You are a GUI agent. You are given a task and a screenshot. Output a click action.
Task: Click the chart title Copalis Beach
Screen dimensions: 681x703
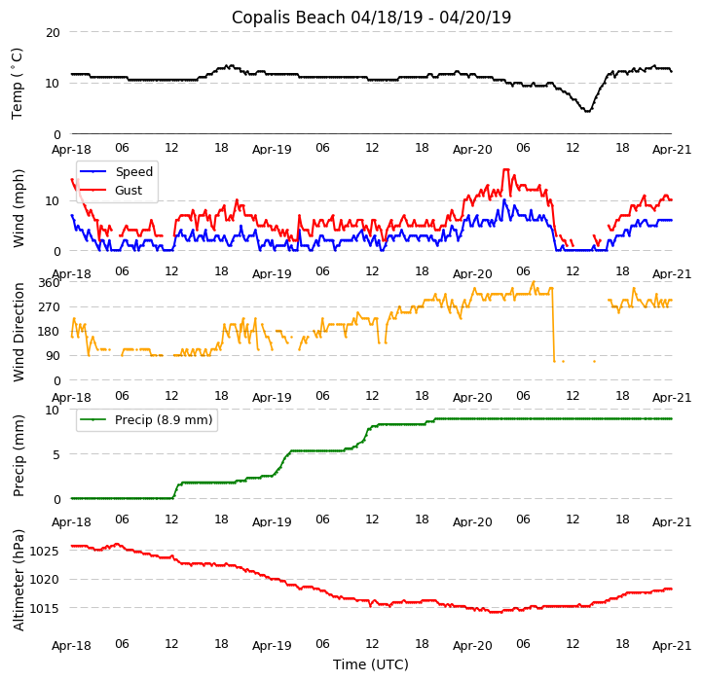pos(371,18)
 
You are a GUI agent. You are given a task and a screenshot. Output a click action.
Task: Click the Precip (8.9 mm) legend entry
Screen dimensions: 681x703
pos(157,420)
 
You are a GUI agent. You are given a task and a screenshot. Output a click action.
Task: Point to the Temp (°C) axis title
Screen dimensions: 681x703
pos(18,83)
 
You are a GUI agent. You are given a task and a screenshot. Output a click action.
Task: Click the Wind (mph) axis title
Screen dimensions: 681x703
pos(18,207)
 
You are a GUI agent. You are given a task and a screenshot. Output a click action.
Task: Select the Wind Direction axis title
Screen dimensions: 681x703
pos(18,332)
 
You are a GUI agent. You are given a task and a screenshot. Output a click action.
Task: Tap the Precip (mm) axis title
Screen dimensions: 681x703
pos(18,455)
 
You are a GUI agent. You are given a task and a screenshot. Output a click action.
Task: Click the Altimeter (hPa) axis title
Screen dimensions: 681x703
pos(18,580)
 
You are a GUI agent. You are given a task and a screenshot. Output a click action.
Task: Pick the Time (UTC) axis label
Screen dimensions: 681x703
pos(371,664)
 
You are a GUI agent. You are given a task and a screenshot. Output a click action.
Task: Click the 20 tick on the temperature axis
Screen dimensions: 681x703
pos(53,32)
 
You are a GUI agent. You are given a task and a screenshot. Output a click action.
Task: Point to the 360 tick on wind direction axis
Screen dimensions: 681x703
pos(49,283)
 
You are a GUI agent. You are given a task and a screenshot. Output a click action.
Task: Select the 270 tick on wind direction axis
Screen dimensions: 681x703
pos(49,307)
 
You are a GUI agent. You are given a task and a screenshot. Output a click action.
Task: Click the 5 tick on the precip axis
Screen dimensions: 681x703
pos(56,454)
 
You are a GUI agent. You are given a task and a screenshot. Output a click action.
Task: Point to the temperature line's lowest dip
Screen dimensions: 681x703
pos(586,111)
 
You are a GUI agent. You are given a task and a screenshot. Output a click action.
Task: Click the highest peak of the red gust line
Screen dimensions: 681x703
pos(505,169)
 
